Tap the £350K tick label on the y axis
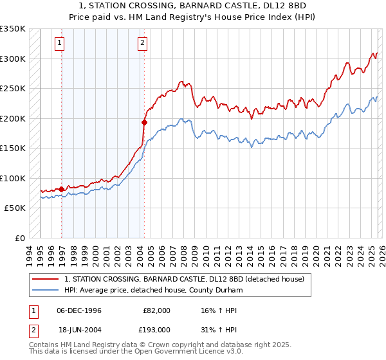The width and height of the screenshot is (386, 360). point(13,29)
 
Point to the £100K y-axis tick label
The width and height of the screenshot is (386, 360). point(13,178)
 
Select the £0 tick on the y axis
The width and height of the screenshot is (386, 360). point(19,238)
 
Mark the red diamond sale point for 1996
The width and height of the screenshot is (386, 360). point(62,189)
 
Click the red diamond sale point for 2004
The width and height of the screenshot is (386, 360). point(144,122)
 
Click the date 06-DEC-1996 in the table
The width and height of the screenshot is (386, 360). point(79,310)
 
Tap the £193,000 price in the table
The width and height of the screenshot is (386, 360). point(156,329)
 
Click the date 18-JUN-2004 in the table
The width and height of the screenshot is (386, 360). point(79,329)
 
